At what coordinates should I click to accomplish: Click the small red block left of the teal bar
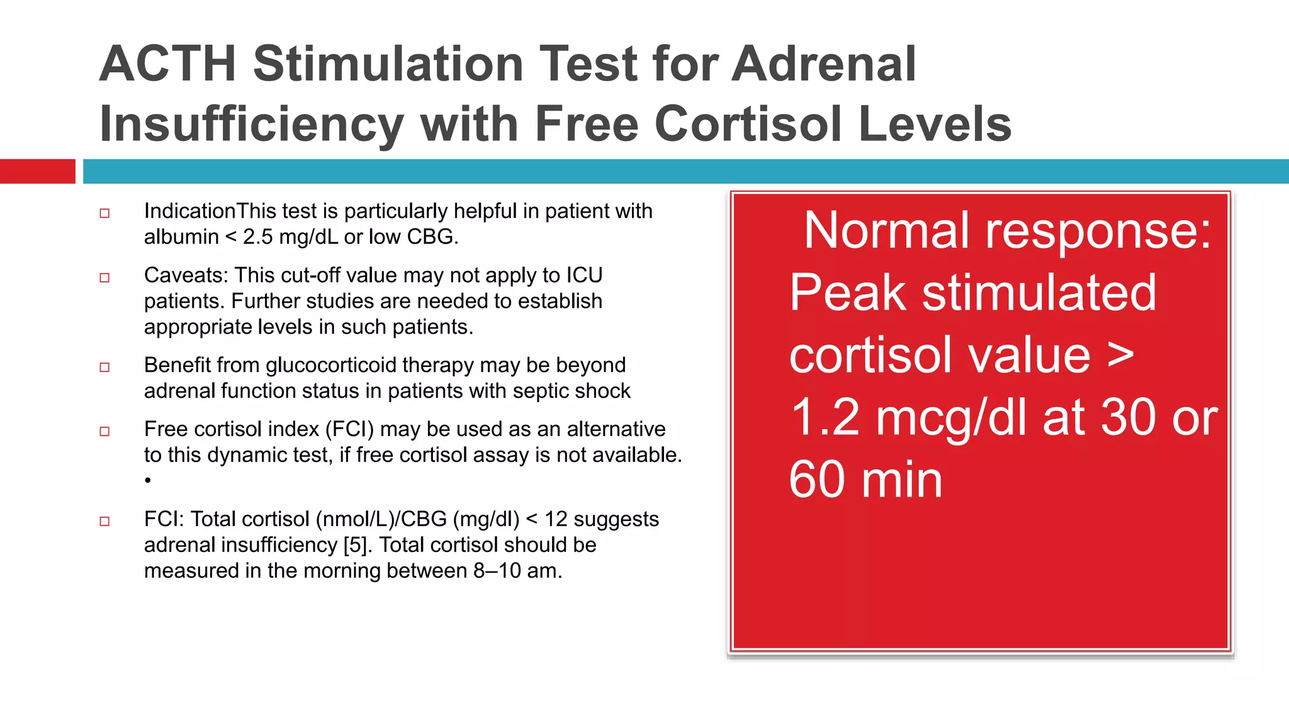click(37, 171)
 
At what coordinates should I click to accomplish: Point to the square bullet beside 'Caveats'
click(104, 278)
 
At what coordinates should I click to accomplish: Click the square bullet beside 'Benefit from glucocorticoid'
click(104, 368)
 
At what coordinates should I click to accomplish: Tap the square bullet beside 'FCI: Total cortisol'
click(104, 521)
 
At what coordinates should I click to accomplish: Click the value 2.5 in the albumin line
click(258, 237)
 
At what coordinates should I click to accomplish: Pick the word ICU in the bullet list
click(584, 275)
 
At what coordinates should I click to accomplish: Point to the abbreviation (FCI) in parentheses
click(349, 429)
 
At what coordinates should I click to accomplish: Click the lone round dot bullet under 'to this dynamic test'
click(148, 481)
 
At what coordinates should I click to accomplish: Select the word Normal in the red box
click(888, 231)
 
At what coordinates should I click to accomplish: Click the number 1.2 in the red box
click(825, 417)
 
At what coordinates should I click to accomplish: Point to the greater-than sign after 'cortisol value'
click(1120, 355)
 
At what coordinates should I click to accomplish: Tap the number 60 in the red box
click(816, 480)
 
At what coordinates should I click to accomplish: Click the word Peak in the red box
click(847, 293)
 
